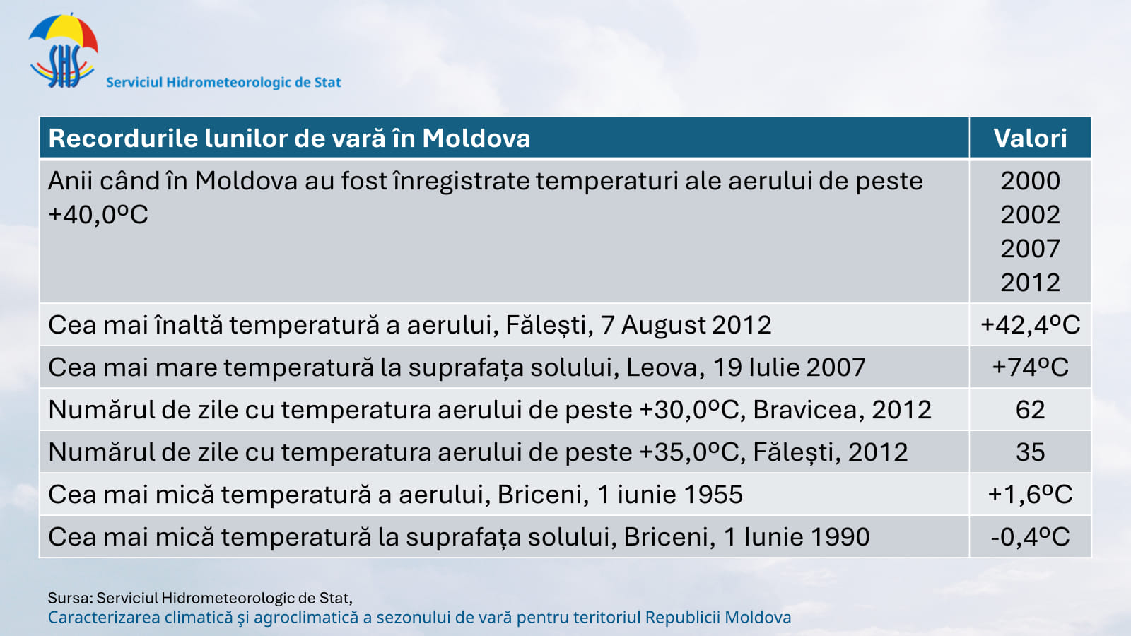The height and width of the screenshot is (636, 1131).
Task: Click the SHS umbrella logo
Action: coord(63,50)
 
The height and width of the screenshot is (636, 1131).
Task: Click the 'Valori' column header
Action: coord(1030,139)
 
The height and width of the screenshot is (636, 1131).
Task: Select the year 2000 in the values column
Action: coord(1030,181)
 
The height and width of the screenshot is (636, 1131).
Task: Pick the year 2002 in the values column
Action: coord(1030,215)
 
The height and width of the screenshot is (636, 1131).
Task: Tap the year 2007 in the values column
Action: coord(1030,249)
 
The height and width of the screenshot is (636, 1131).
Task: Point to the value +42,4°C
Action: coord(1030,325)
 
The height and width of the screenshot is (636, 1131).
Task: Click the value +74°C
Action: coord(1030,367)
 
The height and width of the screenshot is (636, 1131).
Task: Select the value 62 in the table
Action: coord(1030,410)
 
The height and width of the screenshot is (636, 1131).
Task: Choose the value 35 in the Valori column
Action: coord(1030,452)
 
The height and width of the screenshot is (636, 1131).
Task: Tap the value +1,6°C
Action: coord(1030,495)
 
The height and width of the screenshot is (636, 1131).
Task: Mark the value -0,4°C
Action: coord(1030,537)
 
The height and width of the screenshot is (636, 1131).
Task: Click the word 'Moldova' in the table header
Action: coord(476,139)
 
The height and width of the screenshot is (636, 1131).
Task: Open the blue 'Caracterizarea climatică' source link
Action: coord(420,618)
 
